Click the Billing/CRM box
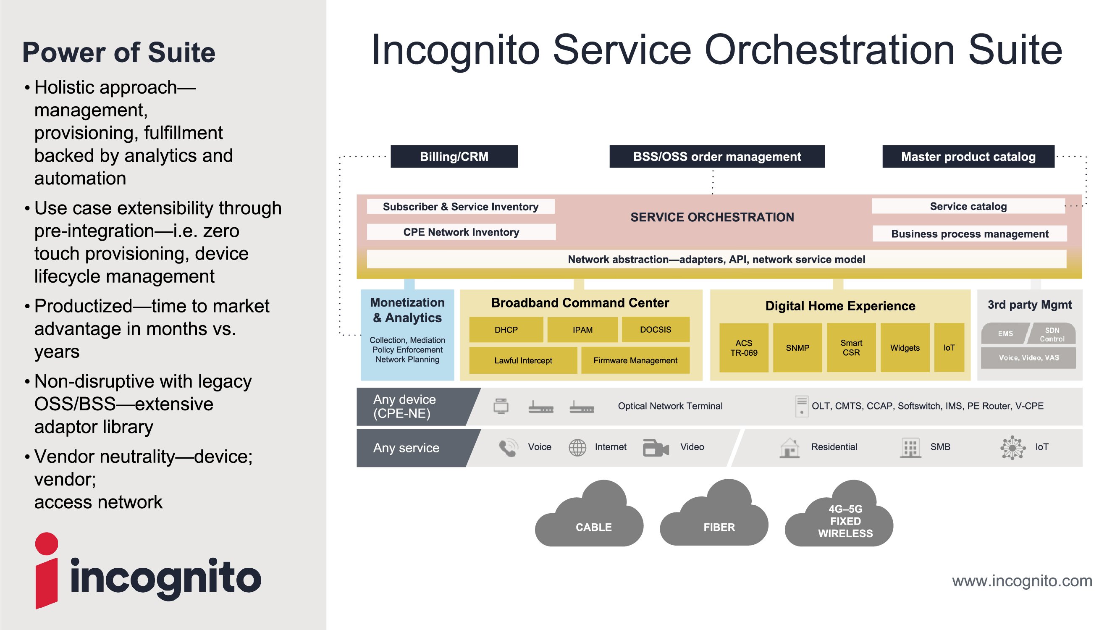coord(454,157)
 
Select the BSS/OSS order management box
coord(716,157)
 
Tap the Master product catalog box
coord(968,157)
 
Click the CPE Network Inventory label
coord(461,232)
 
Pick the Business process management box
coord(969,234)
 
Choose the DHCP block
coord(506,330)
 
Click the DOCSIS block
coord(655,330)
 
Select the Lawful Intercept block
coord(522,360)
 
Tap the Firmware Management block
coord(635,360)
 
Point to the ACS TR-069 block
coord(743,348)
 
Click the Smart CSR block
coord(851,348)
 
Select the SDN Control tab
coord(1052,334)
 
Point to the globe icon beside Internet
coord(577,447)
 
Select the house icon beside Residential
coord(790,447)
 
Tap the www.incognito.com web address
coord(1022,581)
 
